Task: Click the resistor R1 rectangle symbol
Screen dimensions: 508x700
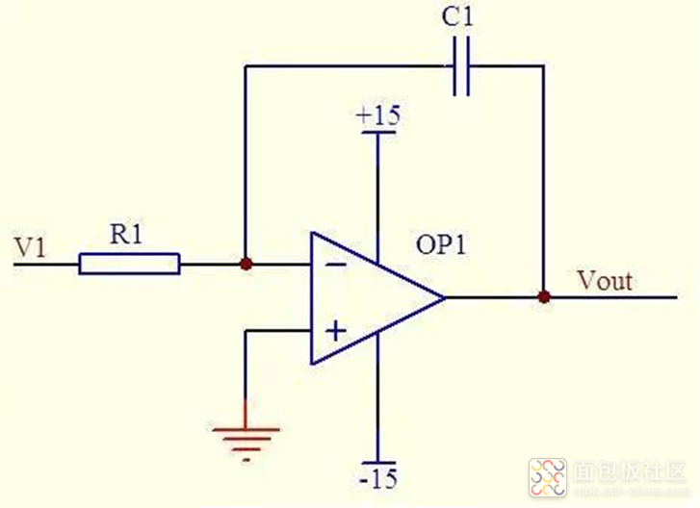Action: point(129,264)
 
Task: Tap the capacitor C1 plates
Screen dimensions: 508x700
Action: point(461,65)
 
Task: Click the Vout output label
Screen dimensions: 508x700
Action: point(605,281)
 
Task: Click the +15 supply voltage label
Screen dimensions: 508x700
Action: point(378,116)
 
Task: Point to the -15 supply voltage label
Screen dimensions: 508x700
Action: point(378,478)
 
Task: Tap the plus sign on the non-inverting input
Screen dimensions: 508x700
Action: point(333,332)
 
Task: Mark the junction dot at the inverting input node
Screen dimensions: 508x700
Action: point(246,264)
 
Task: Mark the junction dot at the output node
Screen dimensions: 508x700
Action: point(544,297)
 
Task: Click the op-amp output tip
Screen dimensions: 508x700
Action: point(444,297)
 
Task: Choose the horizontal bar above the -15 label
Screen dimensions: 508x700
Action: point(378,461)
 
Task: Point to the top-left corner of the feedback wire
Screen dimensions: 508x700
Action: point(246,65)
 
